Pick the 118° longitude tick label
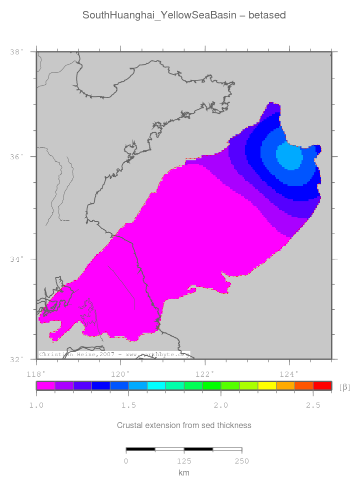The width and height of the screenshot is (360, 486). (36, 373)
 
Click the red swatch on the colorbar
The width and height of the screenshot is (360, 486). (322, 386)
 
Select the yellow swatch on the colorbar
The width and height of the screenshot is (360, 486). (267, 386)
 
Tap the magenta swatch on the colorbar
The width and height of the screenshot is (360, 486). (45, 386)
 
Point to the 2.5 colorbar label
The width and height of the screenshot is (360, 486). (313, 405)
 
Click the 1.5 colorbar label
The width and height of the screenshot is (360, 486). (128, 405)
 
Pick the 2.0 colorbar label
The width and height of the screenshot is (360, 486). (221, 405)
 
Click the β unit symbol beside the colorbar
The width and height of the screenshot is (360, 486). (344, 387)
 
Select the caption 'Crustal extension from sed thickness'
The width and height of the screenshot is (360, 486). (184, 425)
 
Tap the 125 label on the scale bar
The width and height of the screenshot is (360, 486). (184, 461)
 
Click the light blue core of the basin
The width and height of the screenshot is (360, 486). (289, 156)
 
